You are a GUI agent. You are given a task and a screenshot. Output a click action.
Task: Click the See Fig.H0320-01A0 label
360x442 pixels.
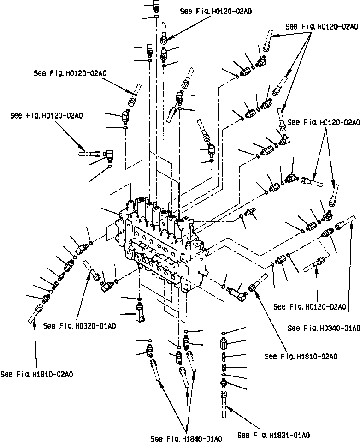(x=79, y=326)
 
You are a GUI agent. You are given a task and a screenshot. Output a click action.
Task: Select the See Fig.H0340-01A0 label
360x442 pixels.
(x=323, y=328)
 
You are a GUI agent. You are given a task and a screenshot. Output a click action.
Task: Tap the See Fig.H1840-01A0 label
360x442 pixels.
(x=187, y=437)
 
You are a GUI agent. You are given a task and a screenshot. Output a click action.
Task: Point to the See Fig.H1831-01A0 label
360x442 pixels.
(x=273, y=435)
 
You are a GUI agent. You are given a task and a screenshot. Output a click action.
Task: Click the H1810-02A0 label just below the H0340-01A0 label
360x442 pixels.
(x=301, y=356)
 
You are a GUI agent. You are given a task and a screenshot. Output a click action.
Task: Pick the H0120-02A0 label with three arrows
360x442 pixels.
(x=321, y=27)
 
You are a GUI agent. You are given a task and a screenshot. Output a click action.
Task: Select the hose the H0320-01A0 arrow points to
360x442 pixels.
(x=91, y=271)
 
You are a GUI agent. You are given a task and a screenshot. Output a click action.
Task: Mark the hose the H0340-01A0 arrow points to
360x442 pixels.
(x=346, y=225)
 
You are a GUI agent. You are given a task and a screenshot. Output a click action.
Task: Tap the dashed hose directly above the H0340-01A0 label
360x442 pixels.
(x=316, y=264)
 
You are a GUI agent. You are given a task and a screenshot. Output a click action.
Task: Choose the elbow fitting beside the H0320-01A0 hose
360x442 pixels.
(x=106, y=287)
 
